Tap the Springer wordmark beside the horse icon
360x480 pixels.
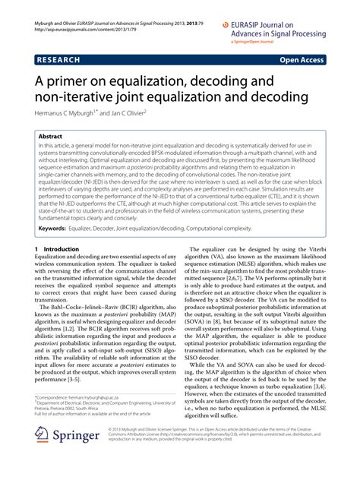click(x=75, y=456)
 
